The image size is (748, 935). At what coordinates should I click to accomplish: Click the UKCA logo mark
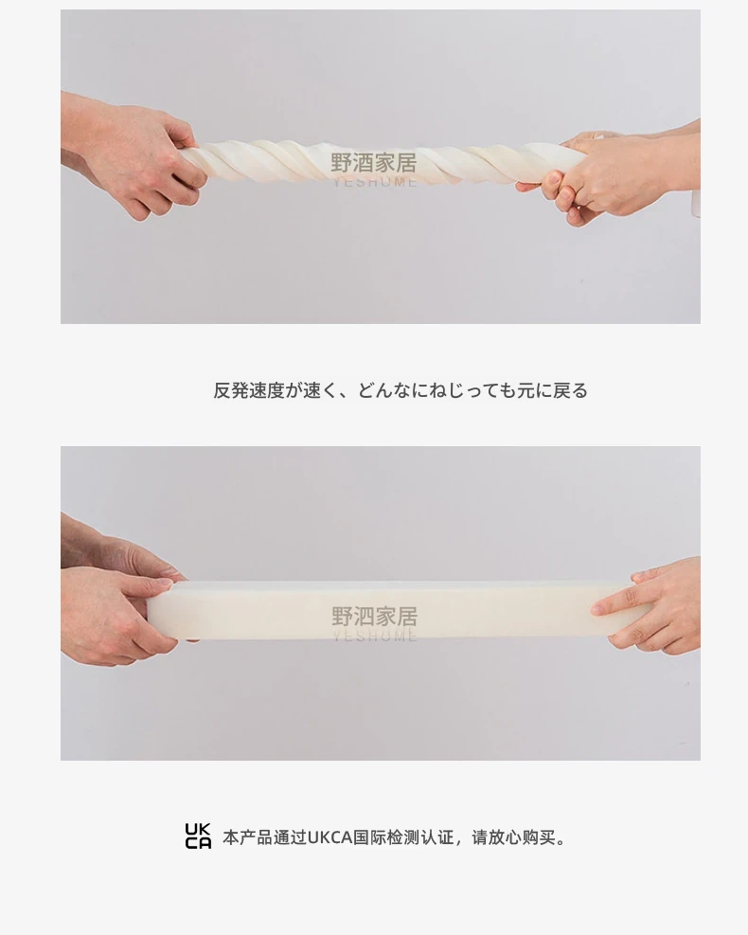[x=198, y=836]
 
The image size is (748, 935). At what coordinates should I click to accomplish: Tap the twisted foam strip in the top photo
[x=382, y=162]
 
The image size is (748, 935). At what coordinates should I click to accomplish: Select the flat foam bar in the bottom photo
[x=393, y=611]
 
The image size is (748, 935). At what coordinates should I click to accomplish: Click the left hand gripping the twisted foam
[x=131, y=153]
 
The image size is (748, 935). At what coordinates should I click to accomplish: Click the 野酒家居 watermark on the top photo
[x=374, y=162]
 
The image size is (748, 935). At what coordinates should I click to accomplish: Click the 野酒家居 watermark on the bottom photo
[x=374, y=616]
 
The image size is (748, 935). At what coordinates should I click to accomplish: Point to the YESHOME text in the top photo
[x=374, y=182]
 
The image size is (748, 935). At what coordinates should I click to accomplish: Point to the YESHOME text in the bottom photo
[x=374, y=636]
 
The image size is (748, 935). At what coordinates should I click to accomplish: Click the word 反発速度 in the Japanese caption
[x=248, y=390]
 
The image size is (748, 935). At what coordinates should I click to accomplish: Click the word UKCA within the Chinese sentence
[x=329, y=837]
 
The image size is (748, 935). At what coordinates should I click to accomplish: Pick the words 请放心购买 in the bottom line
[x=513, y=837]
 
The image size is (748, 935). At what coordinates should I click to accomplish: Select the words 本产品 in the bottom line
[x=247, y=837]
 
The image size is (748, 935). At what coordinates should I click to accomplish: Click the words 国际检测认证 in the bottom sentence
[x=403, y=837]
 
